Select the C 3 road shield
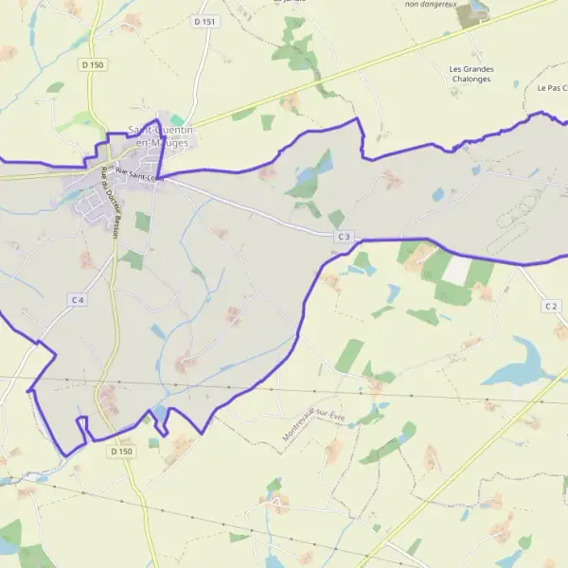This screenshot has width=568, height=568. point(344,236)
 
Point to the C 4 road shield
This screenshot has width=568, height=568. point(78,299)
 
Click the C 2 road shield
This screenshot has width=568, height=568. point(551,306)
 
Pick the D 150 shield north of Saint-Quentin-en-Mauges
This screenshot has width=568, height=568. point(91,64)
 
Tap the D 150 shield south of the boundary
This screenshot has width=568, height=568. point(121,452)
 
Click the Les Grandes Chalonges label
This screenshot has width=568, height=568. point(472,74)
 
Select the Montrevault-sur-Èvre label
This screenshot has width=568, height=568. point(316,425)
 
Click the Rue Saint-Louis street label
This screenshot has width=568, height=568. point(140,174)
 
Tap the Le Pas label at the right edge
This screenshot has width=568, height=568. point(552,88)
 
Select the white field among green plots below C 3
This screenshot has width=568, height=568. point(456,271)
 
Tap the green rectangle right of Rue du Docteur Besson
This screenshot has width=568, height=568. point(142,222)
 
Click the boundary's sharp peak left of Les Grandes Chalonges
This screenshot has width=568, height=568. point(357,120)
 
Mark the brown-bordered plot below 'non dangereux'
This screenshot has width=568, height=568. point(477,9)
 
